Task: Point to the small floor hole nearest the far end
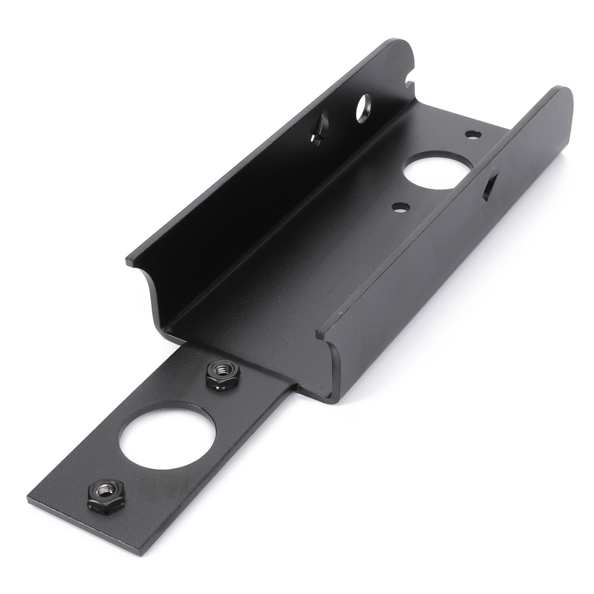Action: tap(472, 135)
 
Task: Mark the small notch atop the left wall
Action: tap(409, 84)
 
